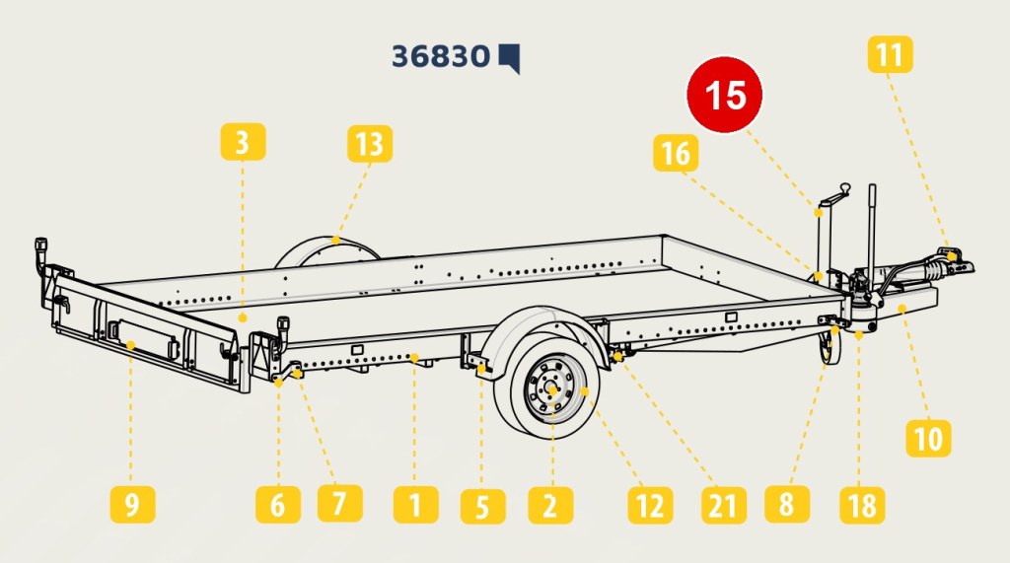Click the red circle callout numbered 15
coord(725,95)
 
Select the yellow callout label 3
coord(243,142)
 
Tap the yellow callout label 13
coord(370,144)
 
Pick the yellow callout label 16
coord(676,153)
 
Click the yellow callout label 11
coord(891,54)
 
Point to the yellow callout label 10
coord(928,438)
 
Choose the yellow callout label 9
coord(132,505)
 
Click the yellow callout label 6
coord(277,505)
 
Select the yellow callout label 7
coord(339,503)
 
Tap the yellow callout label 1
coord(416,505)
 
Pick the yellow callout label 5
coord(482,506)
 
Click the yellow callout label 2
coord(550,505)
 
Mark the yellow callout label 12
coord(651,505)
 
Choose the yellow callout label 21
coord(724,505)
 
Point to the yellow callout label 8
coord(787,504)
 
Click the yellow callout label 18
coord(862,505)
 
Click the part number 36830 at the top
coord(441,56)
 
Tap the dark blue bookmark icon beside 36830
coord(510,58)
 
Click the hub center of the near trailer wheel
coord(552,389)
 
